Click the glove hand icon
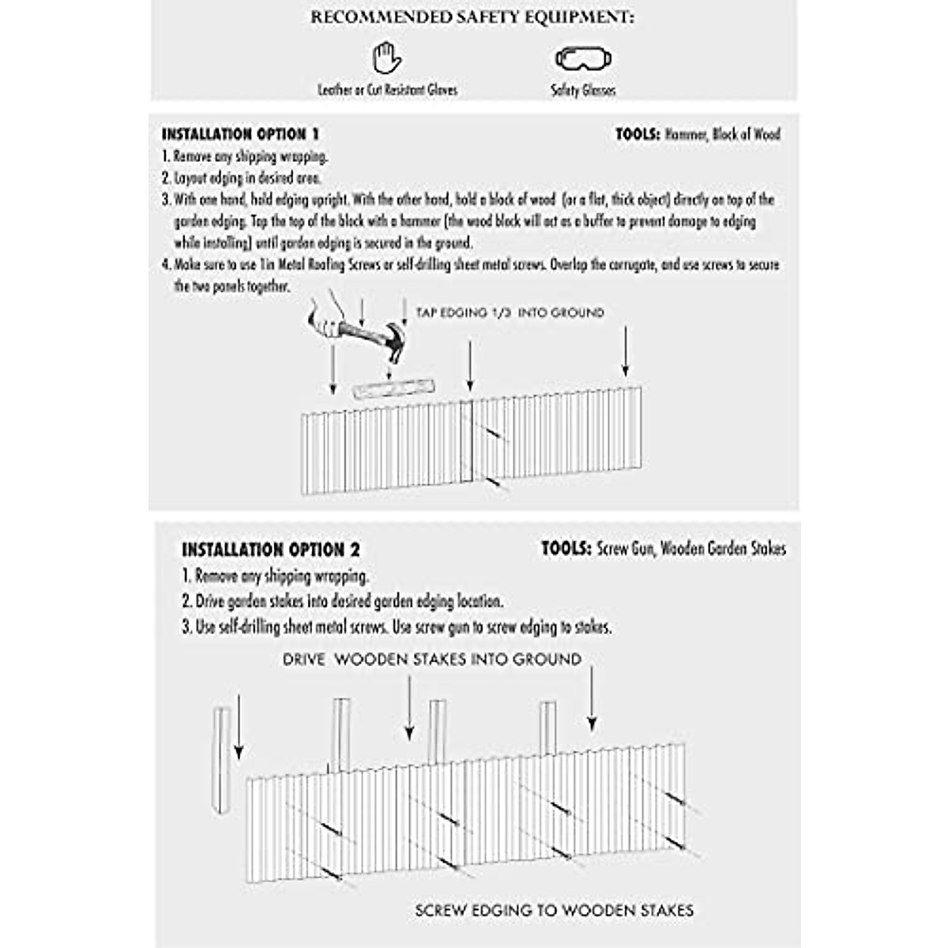[386, 58]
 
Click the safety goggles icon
[584, 58]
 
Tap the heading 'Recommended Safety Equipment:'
[472, 17]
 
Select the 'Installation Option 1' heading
[240, 134]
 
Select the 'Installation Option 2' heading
[271, 550]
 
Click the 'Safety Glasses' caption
[583, 91]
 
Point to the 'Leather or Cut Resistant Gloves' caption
[387, 90]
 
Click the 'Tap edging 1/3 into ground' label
[510, 313]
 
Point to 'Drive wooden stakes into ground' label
[432, 659]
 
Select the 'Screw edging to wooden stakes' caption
[554, 910]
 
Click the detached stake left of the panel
[221, 758]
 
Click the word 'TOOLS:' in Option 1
[638, 134]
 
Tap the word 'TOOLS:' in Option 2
[566, 548]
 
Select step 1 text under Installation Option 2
[275, 576]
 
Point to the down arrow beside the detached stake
[239, 727]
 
